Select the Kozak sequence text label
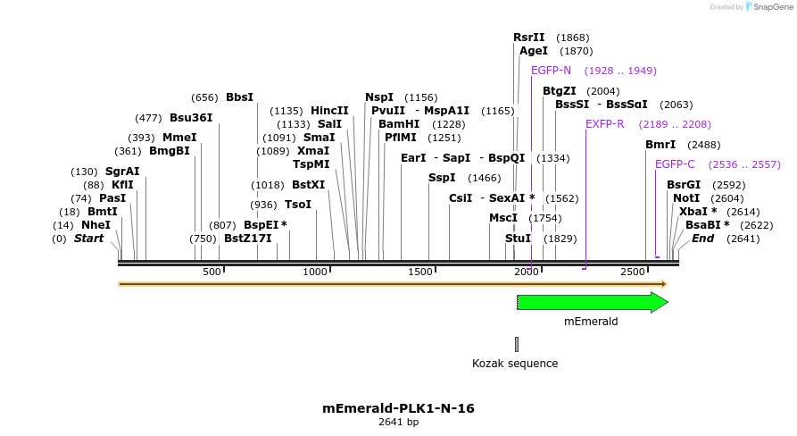pyautogui.click(x=515, y=364)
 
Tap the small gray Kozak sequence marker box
pyautogui.click(x=517, y=344)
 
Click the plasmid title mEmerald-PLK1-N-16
pyautogui.click(x=398, y=408)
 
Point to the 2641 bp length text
pyautogui.click(x=398, y=422)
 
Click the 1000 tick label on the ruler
pyautogui.click(x=315, y=272)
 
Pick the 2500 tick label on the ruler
pyautogui.click(x=632, y=272)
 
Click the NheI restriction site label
pyautogui.click(x=95, y=225)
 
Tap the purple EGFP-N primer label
pyautogui.click(x=551, y=71)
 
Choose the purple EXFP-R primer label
pyautogui.click(x=605, y=124)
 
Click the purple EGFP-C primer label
pyautogui.click(x=675, y=164)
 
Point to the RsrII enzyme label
pyautogui.click(x=528, y=38)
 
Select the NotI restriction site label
pyautogui.click(x=686, y=198)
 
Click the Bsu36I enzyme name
pyautogui.click(x=191, y=118)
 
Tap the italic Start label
pyautogui.click(x=88, y=239)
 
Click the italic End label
pyautogui.click(x=702, y=239)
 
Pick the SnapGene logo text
pyautogui.click(x=773, y=7)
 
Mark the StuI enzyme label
pyautogui.click(x=518, y=239)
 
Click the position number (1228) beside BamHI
pyautogui.click(x=449, y=124)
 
